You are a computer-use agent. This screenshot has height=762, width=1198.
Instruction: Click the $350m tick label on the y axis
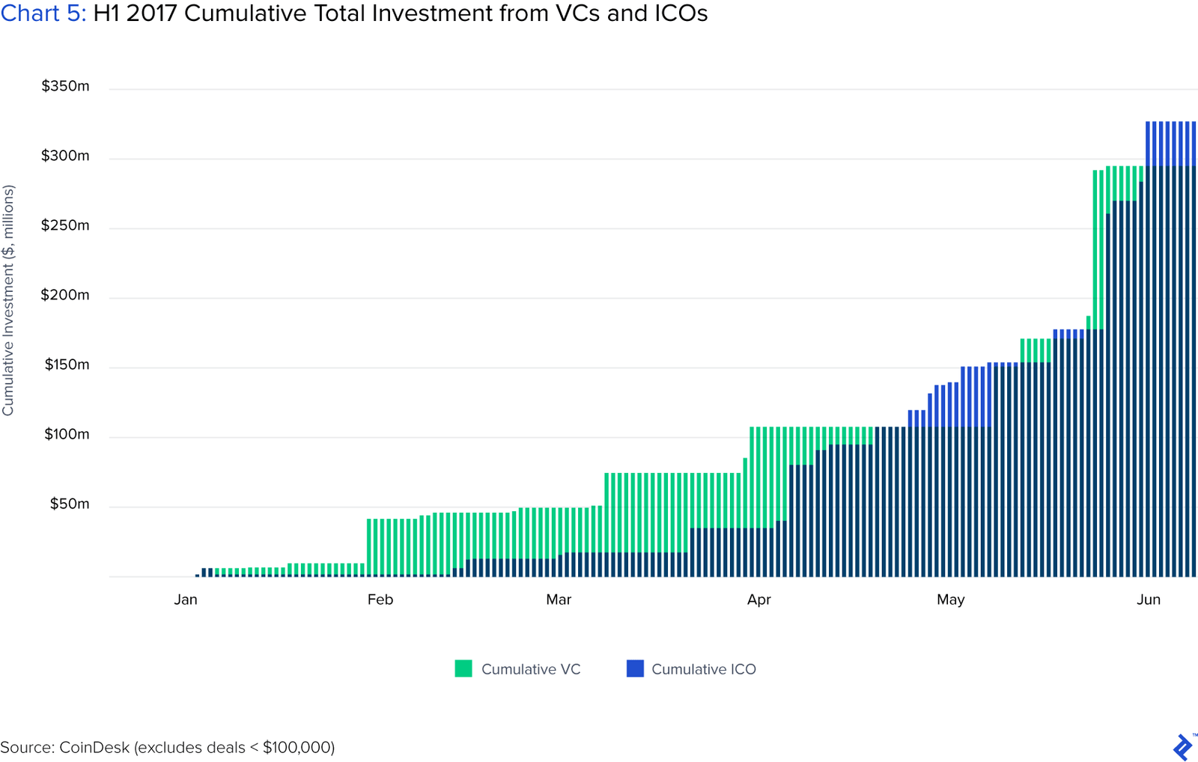pos(65,86)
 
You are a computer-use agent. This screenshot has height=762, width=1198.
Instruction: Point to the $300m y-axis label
pos(65,156)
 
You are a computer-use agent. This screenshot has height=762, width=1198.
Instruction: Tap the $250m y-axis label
pos(65,225)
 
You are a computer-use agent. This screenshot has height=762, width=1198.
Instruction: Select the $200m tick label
pos(65,295)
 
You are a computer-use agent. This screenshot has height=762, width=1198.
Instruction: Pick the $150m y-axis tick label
pos(67,365)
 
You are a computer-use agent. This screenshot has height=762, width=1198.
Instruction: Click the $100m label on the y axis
pos(67,434)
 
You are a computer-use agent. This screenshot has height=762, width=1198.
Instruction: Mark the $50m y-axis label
pos(69,504)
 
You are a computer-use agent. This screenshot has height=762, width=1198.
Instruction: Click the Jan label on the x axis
pos(186,600)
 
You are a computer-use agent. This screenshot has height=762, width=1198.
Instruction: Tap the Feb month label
pos(380,600)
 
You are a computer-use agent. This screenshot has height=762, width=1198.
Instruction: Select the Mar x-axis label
pos(559,600)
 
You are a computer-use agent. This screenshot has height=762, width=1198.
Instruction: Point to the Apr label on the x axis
pos(758,600)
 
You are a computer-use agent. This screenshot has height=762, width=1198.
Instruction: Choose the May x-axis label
pos(950,600)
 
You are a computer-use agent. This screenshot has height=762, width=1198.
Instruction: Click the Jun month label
pos(1148,600)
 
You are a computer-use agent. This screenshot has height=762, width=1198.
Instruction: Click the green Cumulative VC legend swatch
pos(463,668)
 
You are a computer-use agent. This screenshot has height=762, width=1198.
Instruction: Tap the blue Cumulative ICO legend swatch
pos(635,668)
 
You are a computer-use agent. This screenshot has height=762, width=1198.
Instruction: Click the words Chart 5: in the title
pos(43,13)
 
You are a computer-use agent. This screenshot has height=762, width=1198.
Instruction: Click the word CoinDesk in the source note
pos(94,747)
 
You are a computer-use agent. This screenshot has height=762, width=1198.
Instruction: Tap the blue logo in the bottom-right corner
pos(1182,747)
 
